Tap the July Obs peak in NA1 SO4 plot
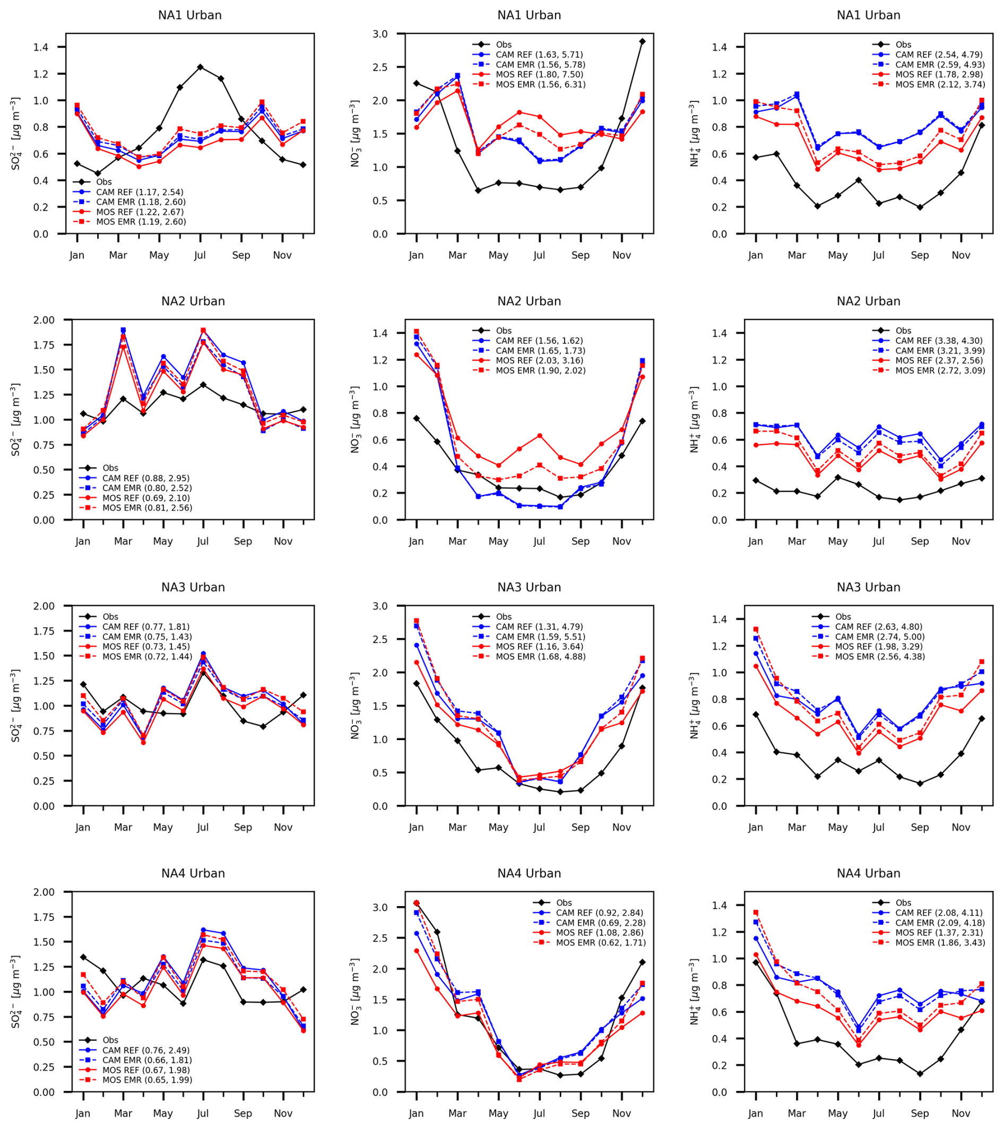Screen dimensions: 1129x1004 pos(200,67)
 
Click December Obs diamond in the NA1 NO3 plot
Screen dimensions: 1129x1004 pos(642,41)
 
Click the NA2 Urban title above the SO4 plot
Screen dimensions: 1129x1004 pos(193,301)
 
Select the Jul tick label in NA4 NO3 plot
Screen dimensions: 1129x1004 pos(539,1114)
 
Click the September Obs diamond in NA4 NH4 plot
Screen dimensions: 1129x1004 pos(920,1074)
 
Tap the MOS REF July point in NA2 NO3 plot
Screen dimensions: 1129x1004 pos(539,436)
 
